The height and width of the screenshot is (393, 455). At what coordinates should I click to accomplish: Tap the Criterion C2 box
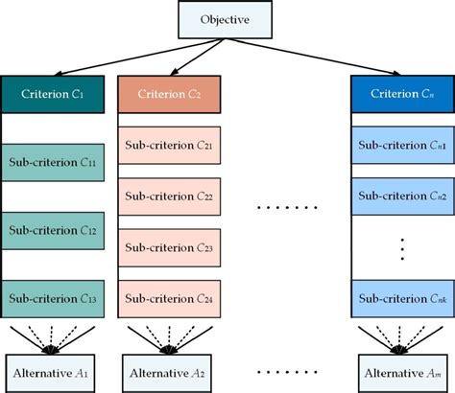click(x=169, y=95)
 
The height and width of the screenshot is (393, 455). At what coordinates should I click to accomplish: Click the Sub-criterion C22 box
click(x=169, y=195)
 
